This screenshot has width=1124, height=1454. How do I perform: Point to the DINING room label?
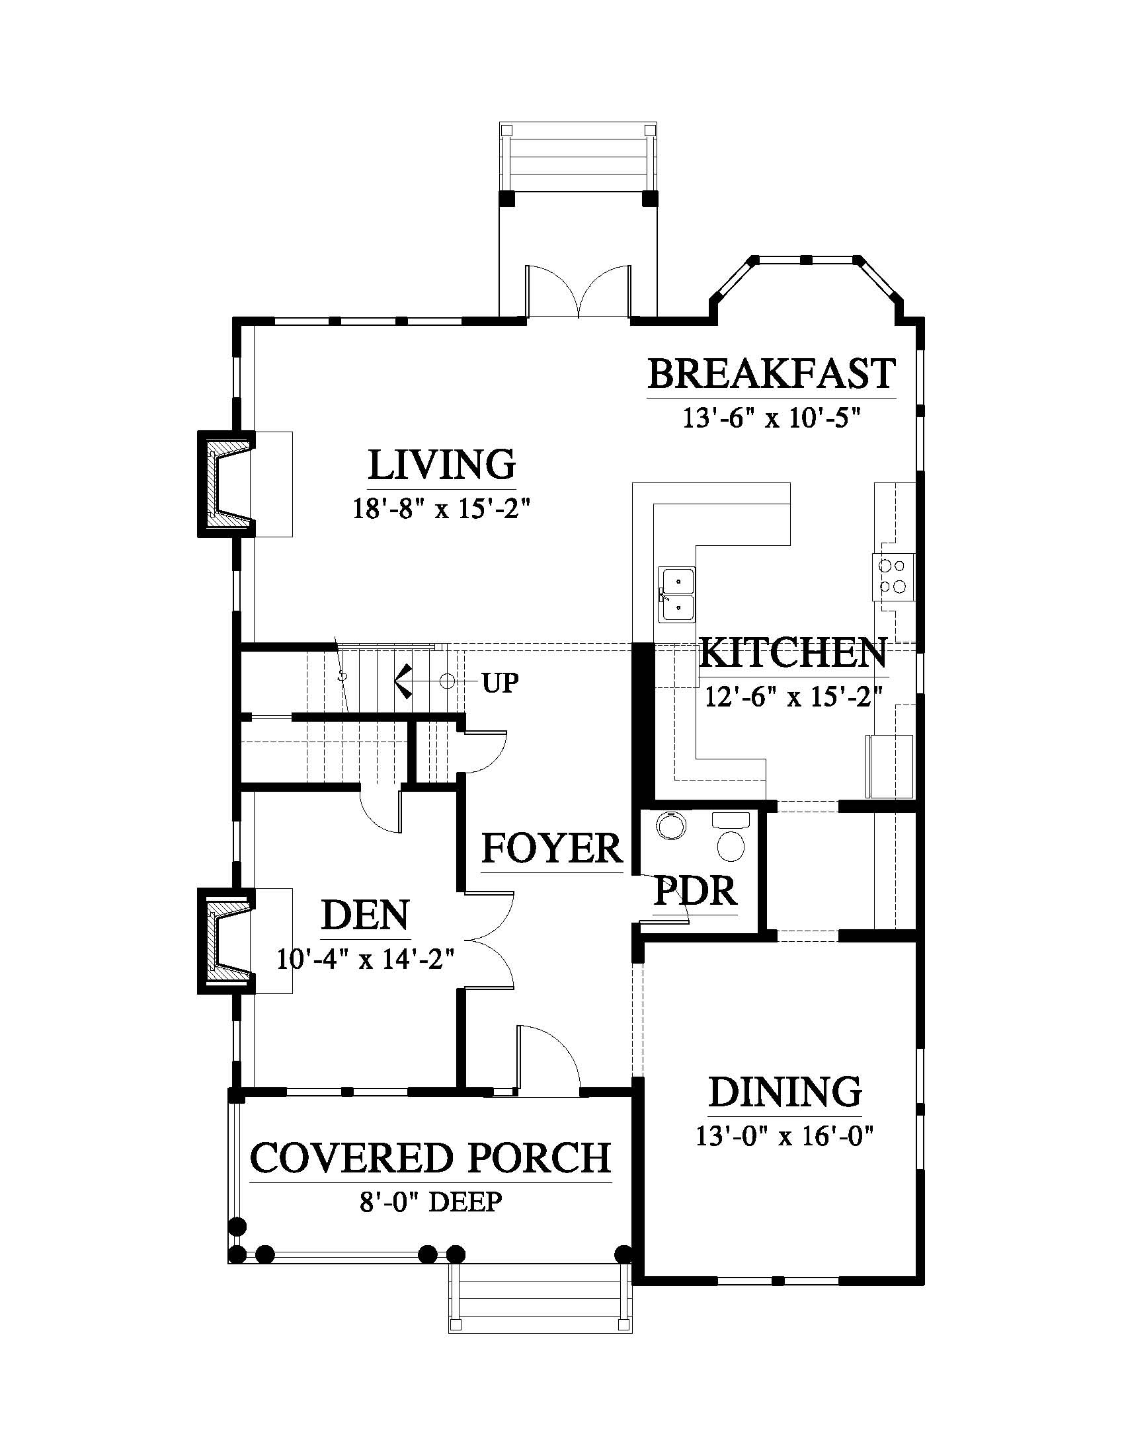click(785, 1092)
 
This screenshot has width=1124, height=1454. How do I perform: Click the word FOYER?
click(552, 848)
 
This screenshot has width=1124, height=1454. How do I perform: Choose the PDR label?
click(696, 891)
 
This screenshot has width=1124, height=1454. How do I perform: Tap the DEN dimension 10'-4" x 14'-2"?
click(366, 960)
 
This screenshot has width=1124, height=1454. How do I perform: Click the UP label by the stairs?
click(501, 683)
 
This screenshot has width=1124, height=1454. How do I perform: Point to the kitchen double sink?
click(676, 595)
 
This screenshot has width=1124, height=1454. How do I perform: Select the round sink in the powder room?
click(672, 826)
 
